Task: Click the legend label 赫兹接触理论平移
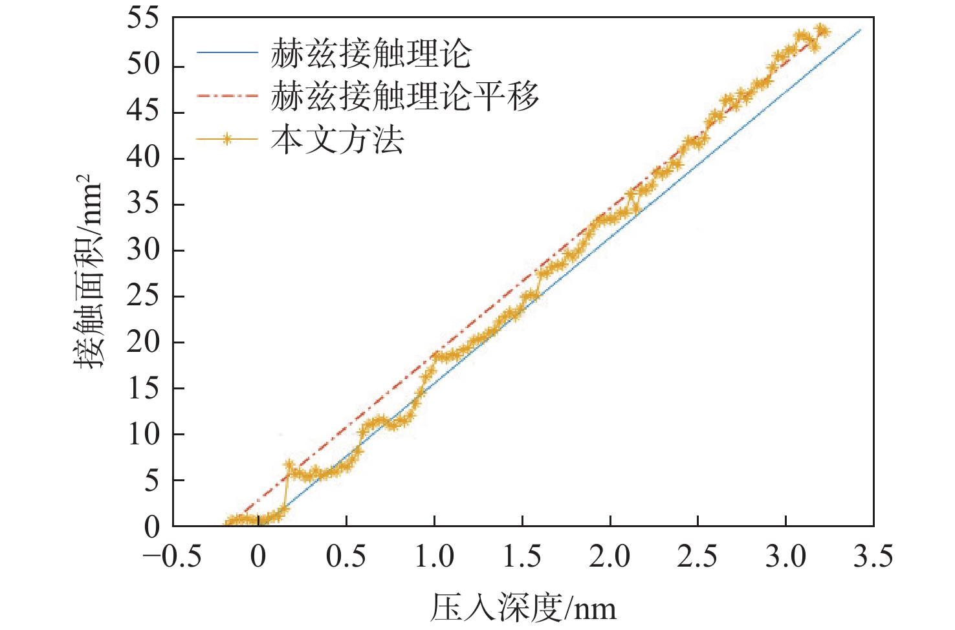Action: point(404,97)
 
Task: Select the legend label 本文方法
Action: point(337,140)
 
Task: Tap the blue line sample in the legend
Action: point(227,53)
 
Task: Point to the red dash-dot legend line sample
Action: point(227,97)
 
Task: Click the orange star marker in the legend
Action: point(227,139)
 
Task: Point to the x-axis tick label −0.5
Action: point(172,557)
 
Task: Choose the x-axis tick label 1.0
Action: point(434,557)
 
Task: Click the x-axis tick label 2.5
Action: point(697,557)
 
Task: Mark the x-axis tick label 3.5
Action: point(873,557)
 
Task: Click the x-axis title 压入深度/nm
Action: point(523,608)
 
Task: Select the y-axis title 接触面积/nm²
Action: point(88,272)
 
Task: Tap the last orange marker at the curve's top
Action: point(822,30)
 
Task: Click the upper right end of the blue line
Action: point(861,30)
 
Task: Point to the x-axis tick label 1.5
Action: point(522,557)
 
